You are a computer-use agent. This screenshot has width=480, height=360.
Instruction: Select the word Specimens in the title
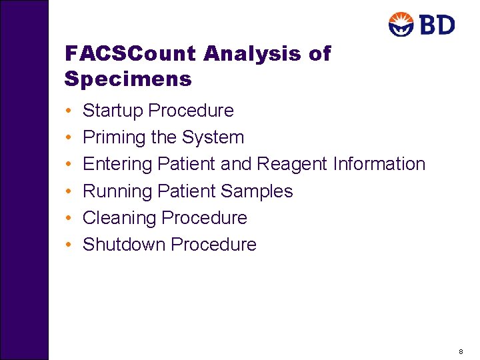tap(128, 80)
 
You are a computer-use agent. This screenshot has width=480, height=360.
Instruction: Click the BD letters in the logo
tap(438, 25)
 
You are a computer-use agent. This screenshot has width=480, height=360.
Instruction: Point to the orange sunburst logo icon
tap(402, 25)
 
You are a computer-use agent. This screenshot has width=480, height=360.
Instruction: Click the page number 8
tap(461, 351)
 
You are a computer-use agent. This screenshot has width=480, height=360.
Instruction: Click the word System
tap(213, 137)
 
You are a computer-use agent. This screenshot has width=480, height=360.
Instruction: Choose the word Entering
tap(117, 164)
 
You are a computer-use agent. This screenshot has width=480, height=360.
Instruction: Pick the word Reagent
tap(292, 164)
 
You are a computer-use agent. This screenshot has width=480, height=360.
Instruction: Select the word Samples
tap(257, 191)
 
